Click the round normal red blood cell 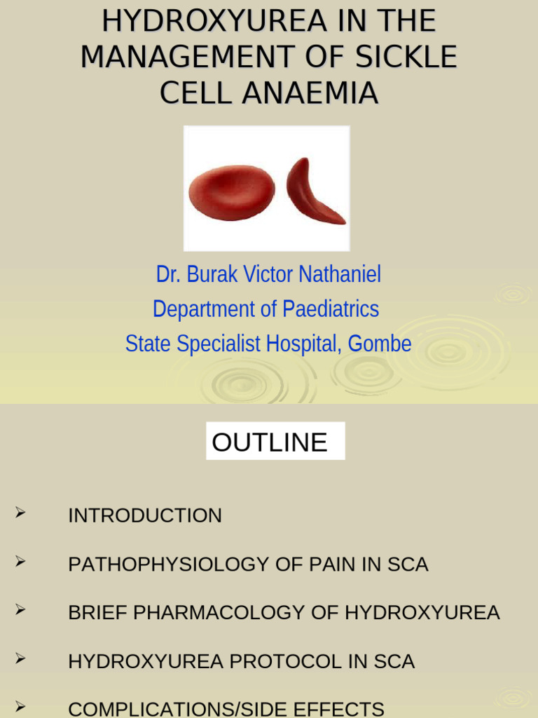231,193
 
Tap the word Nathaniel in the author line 340,274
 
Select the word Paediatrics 331,309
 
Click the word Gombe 380,344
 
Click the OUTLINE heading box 275,442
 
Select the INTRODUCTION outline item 144,515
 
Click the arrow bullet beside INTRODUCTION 20,514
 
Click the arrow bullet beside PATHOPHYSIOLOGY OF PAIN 20,562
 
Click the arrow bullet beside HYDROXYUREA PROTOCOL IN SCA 20,659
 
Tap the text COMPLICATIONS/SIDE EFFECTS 226,709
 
